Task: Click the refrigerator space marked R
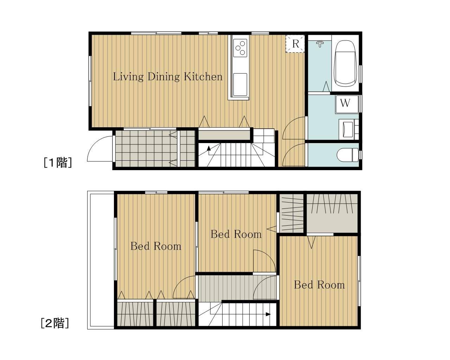295,44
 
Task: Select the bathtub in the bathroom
345,63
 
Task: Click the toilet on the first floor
348,155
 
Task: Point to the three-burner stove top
240,48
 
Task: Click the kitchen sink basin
240,84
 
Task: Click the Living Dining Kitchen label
167,77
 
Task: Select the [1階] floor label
58,162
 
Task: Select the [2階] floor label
55,323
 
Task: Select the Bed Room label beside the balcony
156,246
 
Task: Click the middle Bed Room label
236,234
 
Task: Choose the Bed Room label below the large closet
319,285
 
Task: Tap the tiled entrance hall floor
155,148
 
